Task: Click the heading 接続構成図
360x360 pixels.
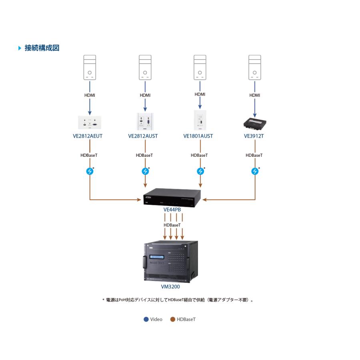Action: (42, 48)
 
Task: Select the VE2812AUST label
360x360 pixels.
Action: (143, 136)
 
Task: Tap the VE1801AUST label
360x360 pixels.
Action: (198, 136)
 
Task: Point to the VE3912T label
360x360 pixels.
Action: (254, 136)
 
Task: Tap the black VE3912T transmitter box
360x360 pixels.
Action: (254, 123)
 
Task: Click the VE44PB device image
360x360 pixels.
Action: (172, 196)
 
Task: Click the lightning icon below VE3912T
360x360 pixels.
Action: (255, 171)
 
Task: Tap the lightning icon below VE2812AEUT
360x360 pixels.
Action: (90, 171)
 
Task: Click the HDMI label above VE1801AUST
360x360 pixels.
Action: (200, 94)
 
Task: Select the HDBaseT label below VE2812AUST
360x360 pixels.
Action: (144, 155)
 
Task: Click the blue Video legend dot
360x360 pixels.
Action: (146, 319)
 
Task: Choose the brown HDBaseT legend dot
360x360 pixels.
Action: (173, 319)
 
